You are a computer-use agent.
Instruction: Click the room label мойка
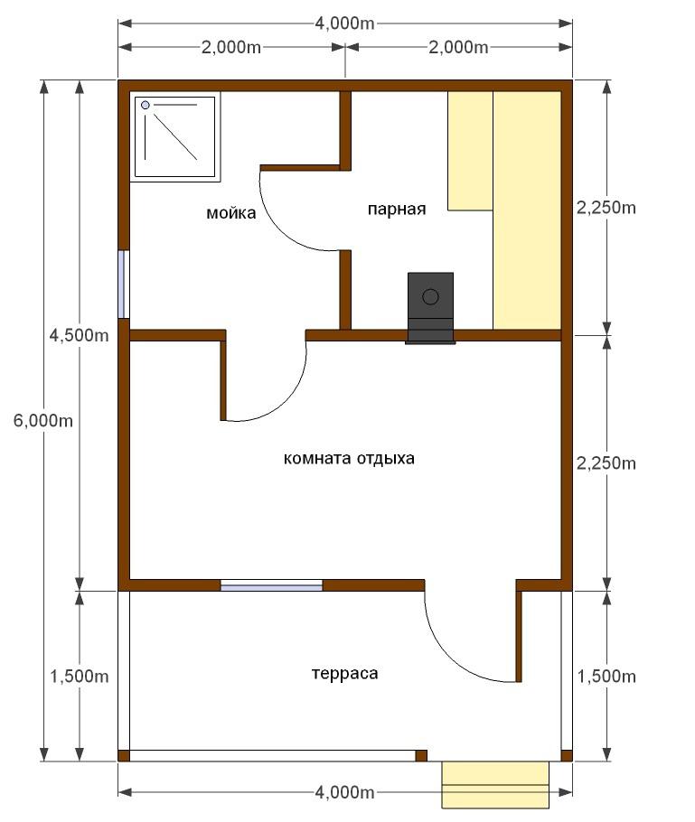tap(230, 213)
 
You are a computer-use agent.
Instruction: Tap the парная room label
tap(397, 210)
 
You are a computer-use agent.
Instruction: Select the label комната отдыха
tap(349, 458)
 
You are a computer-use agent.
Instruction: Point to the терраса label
tap(344, 673)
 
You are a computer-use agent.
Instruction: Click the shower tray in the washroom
tap(174, 136)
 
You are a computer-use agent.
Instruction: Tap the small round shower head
tap(146, 106)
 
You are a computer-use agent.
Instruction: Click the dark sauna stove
tap(430, 308)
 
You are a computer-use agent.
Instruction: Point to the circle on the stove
tap(430, 296)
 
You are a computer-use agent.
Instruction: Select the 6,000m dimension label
tap(43, 420)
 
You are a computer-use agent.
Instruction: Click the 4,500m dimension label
tap(80, 335)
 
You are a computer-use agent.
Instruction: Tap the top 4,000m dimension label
tap(344, 23)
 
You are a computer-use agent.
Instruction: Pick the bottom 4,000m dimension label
tap(344, 792)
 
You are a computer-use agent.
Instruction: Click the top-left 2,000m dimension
tap(231, 47)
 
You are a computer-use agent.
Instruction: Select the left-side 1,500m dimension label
tap(80, 677)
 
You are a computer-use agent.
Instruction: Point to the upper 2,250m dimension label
tap(606, 208)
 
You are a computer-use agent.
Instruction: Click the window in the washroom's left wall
tap(124, 285)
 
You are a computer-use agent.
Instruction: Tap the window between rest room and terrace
tap(271, 585)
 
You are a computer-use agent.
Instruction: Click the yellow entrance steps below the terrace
tap(495, 785)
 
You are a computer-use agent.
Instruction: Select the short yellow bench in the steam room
tap(470, 151)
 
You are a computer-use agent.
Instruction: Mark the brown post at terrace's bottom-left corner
tap(123, 755)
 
